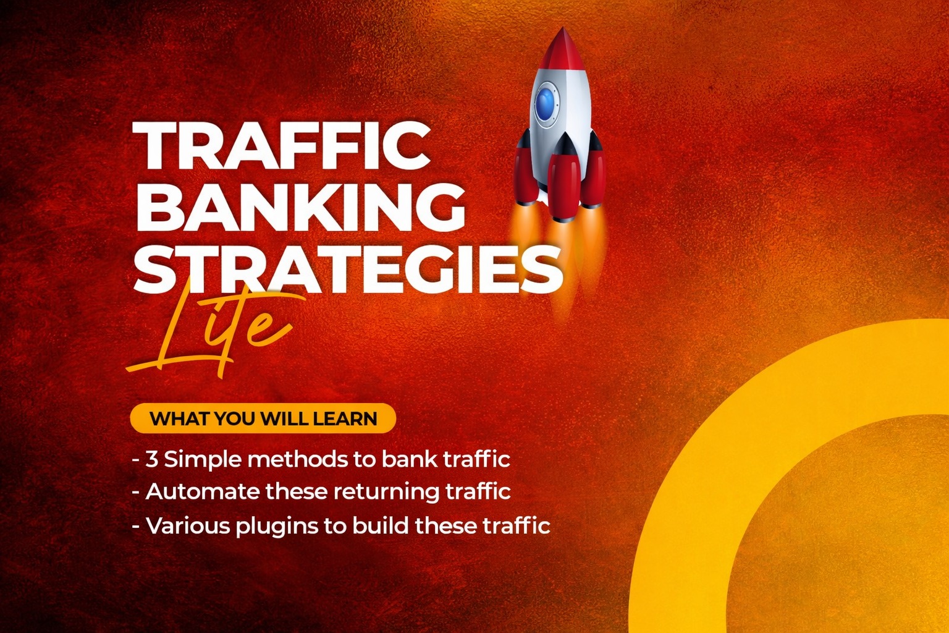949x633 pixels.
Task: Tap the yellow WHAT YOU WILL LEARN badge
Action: point(263,418)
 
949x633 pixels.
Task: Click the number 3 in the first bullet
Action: point(151,459)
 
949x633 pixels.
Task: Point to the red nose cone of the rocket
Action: point(562,49)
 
